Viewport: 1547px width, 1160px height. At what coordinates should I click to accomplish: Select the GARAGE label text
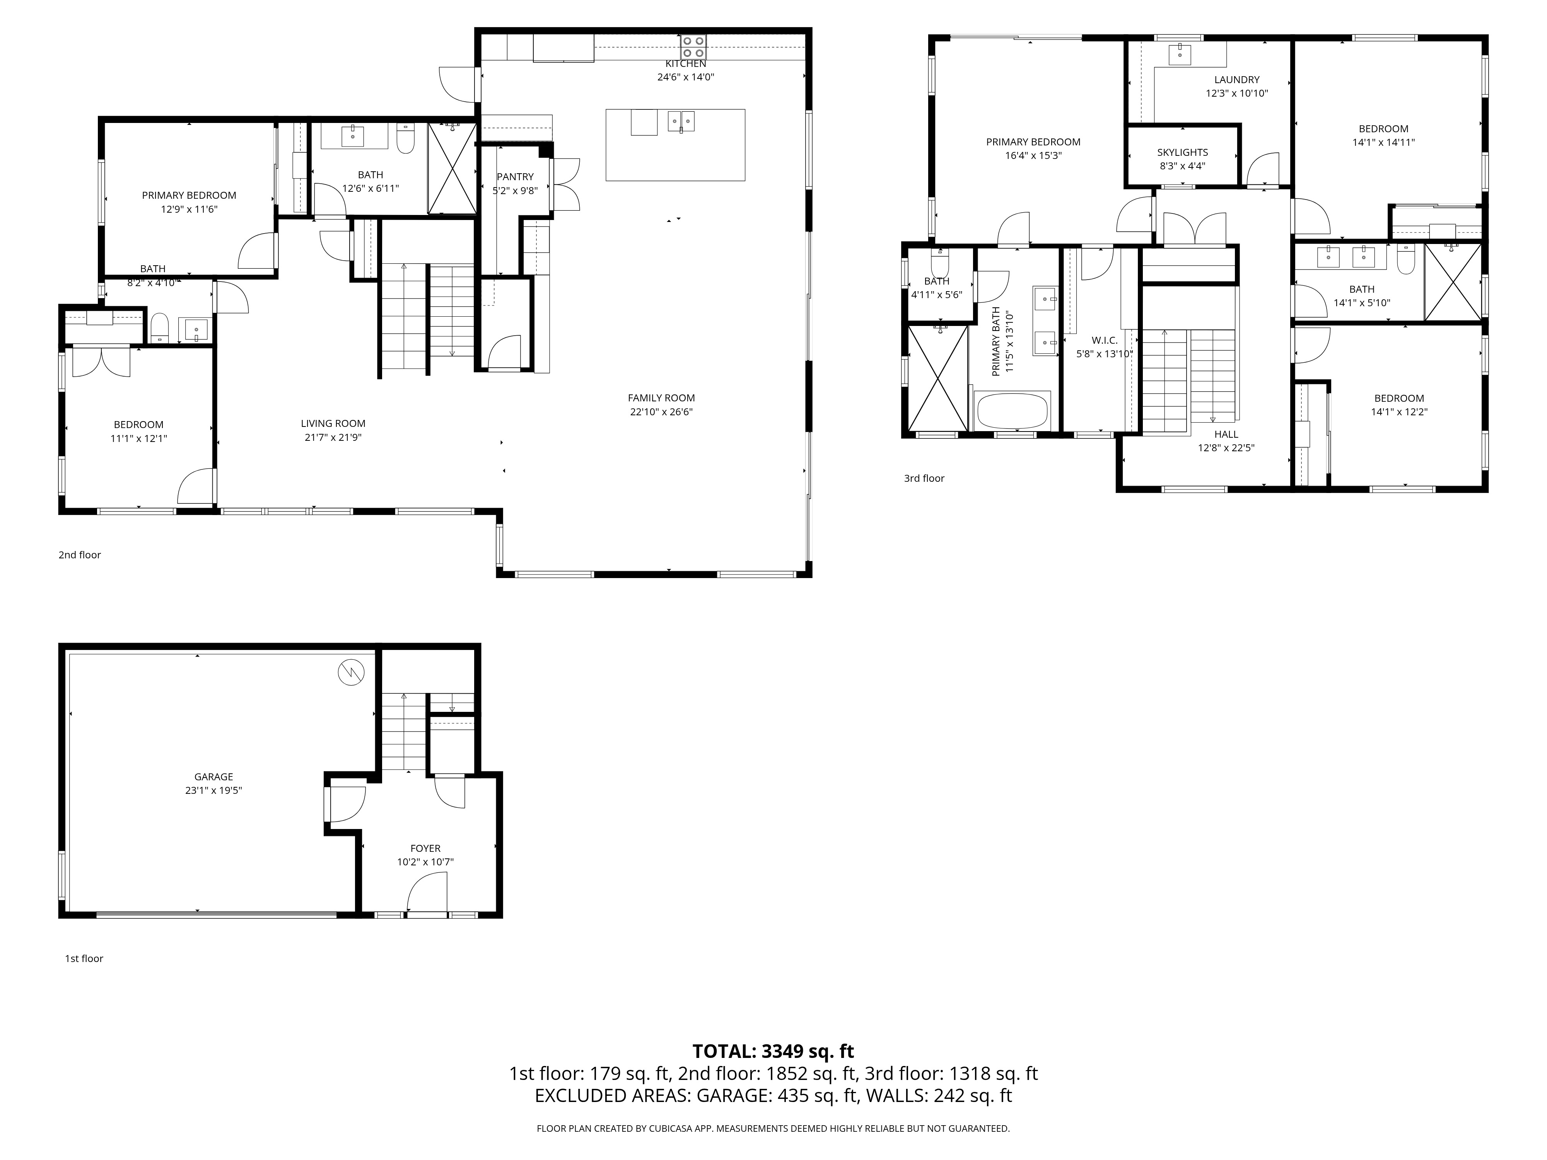[x=213, y=777]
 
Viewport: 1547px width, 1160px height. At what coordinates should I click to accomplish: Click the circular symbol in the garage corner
[x=351, y=673]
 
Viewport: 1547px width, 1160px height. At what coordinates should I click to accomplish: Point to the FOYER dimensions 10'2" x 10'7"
[x=425, y=862]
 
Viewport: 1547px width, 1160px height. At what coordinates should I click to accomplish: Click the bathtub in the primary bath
[x=1012, y=411]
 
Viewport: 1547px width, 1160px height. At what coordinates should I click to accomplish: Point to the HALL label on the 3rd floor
[x=1226, y=434]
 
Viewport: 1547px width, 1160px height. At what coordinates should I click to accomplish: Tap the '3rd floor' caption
[x=924, y=478]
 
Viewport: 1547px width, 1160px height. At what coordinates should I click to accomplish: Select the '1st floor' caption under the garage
[x=84, y=959]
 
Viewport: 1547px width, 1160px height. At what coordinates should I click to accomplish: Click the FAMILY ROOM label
[x=661, y=398]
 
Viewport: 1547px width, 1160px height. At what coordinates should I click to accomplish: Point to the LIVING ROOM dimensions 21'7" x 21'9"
[x=333, y=438]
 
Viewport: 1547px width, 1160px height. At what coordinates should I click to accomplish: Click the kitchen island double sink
[x=680, y=122]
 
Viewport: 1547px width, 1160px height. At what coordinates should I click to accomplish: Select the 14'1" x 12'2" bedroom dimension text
[x=1399, y=412]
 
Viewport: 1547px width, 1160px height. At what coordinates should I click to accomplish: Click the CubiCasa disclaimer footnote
[x=773, y=1129]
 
